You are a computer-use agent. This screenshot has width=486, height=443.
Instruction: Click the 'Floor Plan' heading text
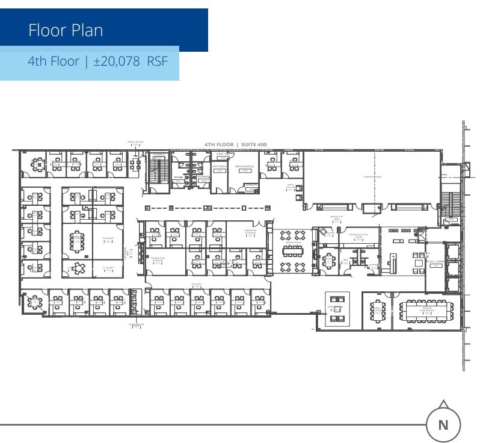(x=66, y=30)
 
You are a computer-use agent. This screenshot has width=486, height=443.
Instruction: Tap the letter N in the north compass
(x=443, y=424)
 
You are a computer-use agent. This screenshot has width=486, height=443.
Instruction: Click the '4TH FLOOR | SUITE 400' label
(x=235, y=144)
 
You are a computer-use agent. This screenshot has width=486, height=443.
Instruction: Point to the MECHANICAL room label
(x=245, y=167)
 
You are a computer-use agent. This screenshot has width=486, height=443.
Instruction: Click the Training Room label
(x=372, y=176)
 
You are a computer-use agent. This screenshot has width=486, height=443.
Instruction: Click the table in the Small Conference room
(x=378, y=311)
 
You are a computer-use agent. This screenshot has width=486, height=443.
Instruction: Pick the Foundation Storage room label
(x=158, y=258)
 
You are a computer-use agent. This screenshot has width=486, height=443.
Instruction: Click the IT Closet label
(x=108, y=267)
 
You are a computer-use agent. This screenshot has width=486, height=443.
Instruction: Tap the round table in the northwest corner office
(x=37, y=163)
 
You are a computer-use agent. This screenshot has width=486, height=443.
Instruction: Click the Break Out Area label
(x=336, y=218)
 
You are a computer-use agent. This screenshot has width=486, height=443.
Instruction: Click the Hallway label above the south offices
(x=196, y=283)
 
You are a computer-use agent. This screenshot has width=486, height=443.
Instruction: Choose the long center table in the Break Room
(x=293, y=250)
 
